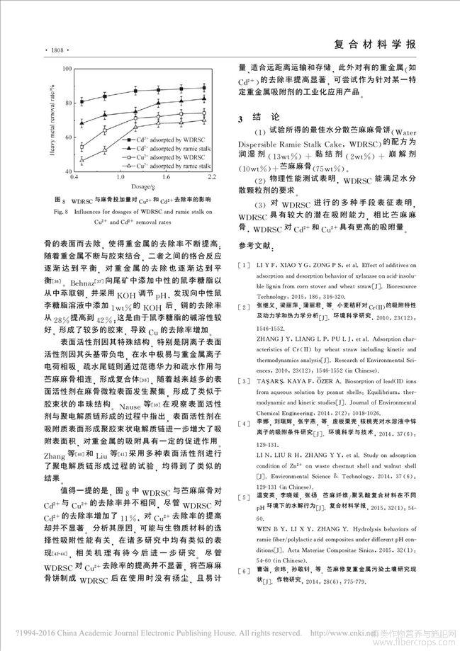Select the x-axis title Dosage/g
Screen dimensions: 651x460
pos(138,206)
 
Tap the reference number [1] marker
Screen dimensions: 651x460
pos(244,264)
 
